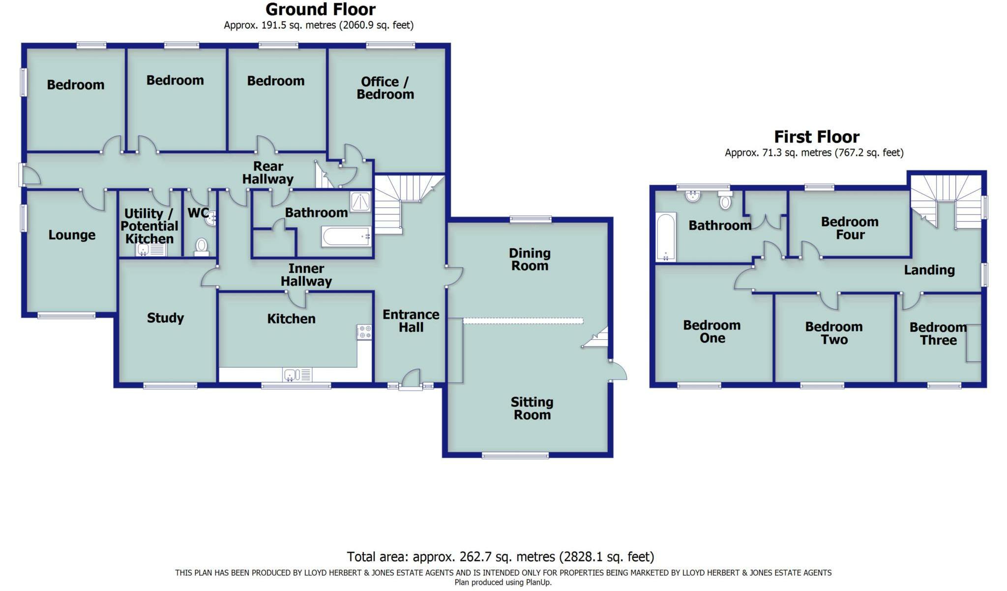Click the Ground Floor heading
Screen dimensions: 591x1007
coord(320,9)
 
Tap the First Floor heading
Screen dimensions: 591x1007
coord(816,137)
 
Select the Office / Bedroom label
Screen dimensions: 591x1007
coord(385,88)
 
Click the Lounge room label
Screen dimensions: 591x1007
coord(72,235)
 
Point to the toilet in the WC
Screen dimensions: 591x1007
coord(202,245)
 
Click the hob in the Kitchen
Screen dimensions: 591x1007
coord(364,332)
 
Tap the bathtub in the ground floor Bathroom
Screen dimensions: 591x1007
coord(346,236)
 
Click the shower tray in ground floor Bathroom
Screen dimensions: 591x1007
coord(360,202)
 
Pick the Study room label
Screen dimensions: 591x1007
coord(165,318)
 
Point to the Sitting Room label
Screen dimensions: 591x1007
coord(532,409)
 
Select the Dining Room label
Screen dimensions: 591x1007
coord(530,260)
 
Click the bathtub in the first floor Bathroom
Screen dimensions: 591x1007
coord(666,236)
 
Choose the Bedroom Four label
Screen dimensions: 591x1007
coord(850,228)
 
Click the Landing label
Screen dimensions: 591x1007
coord(929,270)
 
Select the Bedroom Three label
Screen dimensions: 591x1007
coord(938,334)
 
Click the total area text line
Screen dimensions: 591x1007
coord(500,557)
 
